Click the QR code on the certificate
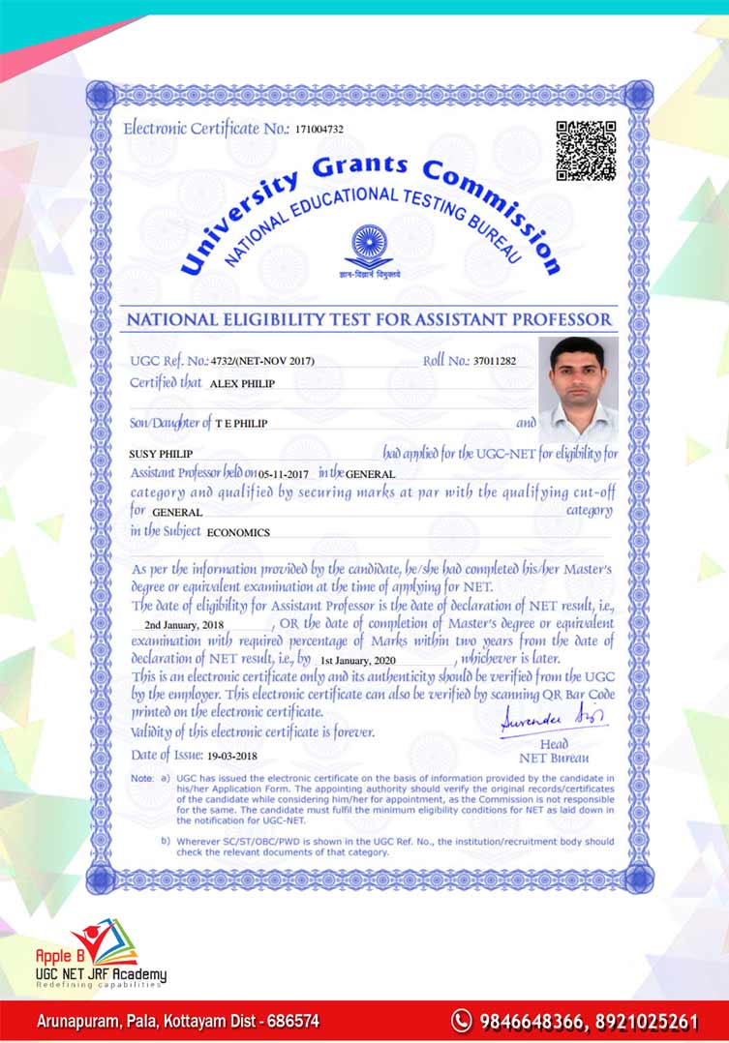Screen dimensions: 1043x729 click(586, 150)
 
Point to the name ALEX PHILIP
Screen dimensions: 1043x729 click(243, 383)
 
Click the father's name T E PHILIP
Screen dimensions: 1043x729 click(241, 424)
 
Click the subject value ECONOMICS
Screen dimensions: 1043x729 click(238, 532)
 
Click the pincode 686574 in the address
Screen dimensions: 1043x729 click(291, 1021)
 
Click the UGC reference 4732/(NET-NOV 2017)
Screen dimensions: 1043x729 click(262, 362)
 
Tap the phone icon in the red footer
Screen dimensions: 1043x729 click(462, 1020)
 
